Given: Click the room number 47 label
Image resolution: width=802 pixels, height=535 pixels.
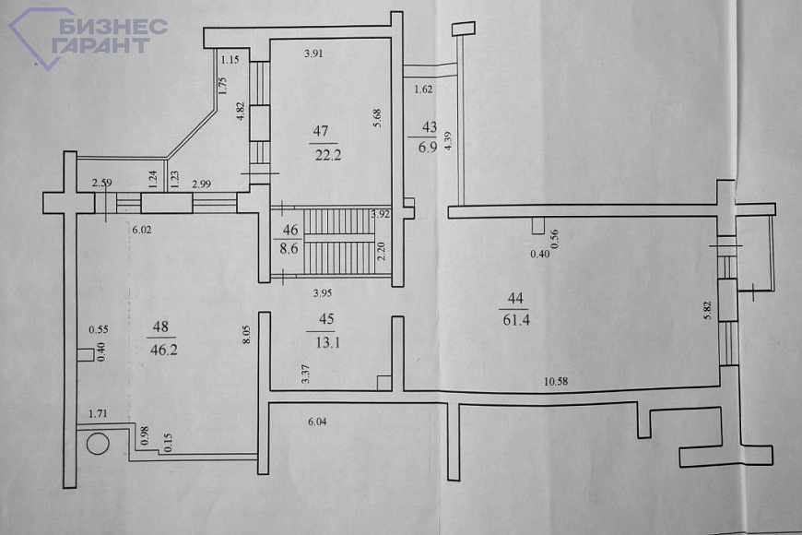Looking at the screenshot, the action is (321, 131).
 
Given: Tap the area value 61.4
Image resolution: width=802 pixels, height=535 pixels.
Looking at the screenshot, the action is (516, 320).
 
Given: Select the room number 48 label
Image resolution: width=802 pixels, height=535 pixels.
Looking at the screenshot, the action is (160, 327).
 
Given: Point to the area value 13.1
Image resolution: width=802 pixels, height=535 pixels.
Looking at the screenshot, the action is (327, 342).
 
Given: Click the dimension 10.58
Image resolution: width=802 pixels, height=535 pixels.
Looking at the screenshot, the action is (556, 381).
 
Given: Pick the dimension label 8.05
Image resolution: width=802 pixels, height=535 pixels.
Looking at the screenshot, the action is (246, 334).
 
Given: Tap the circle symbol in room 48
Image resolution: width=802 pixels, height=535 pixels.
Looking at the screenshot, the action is (98, 444).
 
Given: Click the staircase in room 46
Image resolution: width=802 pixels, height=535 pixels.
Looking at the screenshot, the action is (339, 241).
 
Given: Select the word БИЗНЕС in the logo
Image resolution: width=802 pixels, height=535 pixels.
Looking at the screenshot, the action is (113, 27).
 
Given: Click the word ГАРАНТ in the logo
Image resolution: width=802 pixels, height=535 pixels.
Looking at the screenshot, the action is (100, 45).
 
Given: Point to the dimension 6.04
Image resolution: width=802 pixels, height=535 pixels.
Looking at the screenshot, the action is (317, 422).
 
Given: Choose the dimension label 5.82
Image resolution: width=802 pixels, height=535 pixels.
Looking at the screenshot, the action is (707, 310).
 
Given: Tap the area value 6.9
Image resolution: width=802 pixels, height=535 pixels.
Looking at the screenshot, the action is (428, 148).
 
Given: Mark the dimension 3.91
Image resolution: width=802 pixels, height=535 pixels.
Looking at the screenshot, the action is (313, 53).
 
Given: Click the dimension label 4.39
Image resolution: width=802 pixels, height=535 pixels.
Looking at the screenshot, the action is (449, 141).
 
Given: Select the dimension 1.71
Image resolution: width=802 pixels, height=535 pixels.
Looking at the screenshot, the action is (98, 413).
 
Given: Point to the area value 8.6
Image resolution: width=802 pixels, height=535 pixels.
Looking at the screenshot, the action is (289, 249).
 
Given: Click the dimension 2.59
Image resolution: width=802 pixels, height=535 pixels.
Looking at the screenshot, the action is (101, 183).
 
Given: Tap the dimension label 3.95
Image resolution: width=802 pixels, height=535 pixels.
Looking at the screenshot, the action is (323, 293).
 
